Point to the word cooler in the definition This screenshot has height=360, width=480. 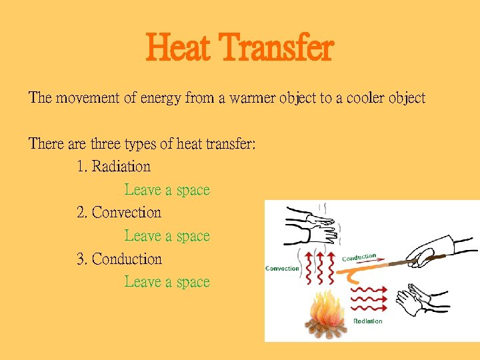pos(361,98)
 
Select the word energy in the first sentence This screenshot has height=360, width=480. pos(157,98)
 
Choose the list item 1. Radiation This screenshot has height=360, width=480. pos(114,167)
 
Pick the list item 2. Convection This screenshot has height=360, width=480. pos(119,213)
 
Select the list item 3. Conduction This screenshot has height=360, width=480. pos(119,259)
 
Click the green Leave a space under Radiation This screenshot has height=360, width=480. pos(167,190)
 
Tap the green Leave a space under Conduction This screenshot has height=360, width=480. pos(167,282)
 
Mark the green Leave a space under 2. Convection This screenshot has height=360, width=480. pos(167,236)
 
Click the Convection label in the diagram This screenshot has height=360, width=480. pos(283,269)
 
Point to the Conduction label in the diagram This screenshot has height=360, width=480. pos(359,257)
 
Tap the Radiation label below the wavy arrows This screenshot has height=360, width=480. pos(368,321)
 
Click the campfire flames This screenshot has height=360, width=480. pos(327,308)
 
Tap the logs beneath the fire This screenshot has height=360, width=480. pos(326,329)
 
